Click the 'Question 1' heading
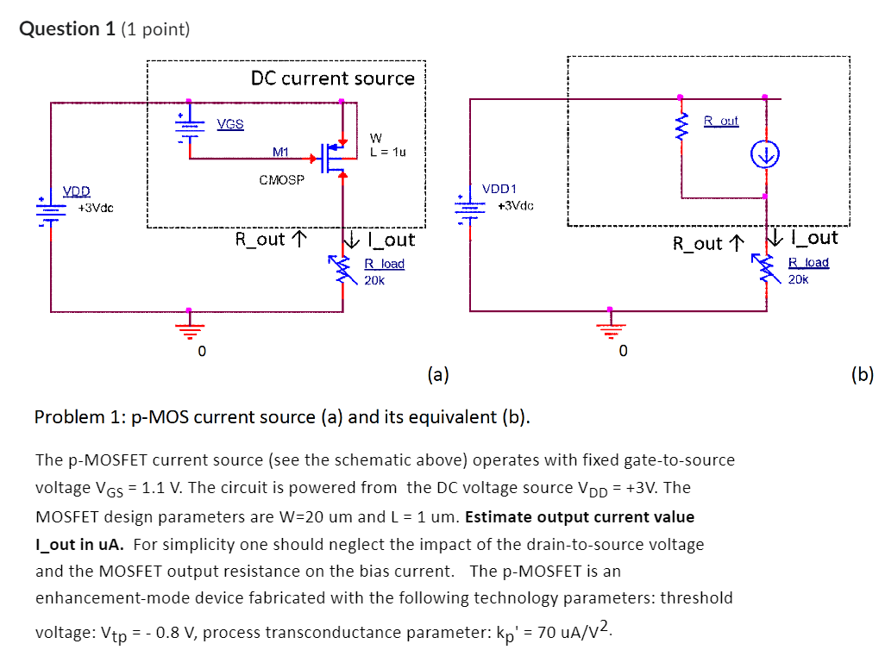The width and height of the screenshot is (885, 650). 60,28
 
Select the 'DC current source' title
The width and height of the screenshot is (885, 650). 332,78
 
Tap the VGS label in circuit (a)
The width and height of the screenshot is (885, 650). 230,124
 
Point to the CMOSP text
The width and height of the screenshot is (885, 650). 280,180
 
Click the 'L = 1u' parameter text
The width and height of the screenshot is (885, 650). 387,152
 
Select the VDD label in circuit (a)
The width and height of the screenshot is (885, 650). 78,191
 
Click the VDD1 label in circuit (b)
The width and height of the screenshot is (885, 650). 499,188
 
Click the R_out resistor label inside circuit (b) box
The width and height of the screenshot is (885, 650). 721,121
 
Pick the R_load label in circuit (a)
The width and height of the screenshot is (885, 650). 384,264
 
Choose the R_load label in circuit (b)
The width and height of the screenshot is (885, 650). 808,262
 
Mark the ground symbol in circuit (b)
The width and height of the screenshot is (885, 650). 611,328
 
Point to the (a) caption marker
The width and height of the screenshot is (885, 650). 438,373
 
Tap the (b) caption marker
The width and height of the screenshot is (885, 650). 861,373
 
